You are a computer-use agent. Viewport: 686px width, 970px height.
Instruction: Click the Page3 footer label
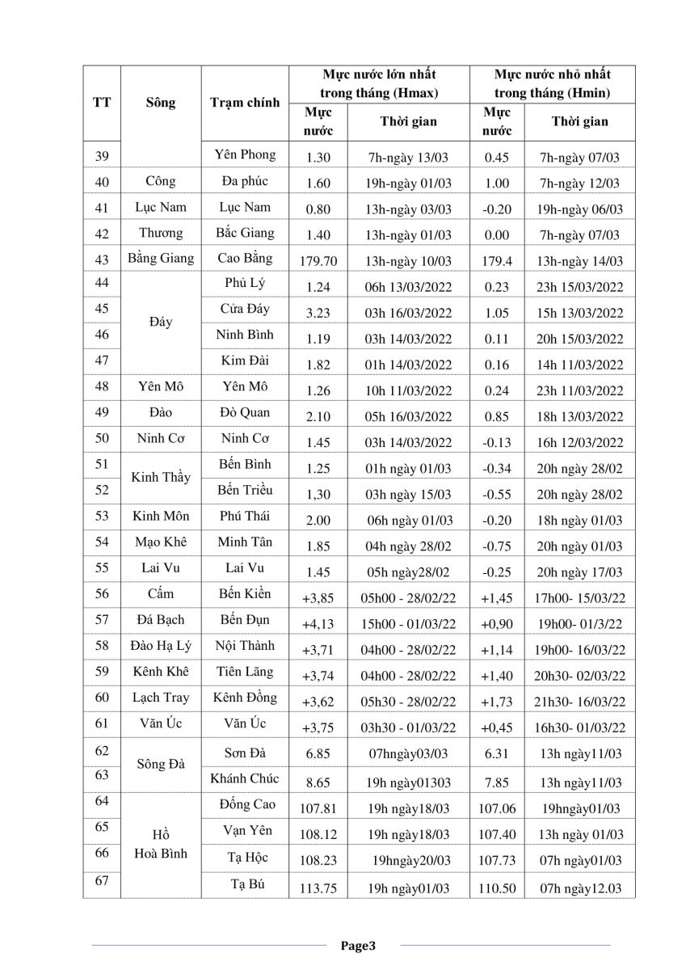tap(358, 945)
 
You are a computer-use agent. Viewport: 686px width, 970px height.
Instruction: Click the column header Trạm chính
tap(245, 103)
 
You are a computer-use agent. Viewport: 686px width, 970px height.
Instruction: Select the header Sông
tap(161, 103)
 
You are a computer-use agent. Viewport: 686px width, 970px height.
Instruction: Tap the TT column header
tap(102, 103)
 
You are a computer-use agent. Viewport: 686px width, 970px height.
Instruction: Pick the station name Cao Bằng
tap(245, 259)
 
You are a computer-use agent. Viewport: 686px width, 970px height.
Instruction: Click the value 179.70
tap(318, 261)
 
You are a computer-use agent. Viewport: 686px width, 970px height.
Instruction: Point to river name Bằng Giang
tap(161, 259)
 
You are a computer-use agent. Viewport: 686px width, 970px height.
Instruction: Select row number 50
tap(102, 439)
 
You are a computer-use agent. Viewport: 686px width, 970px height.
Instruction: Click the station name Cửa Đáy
tap(245, 309)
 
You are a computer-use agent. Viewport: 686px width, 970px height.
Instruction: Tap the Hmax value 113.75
tap(318, 888)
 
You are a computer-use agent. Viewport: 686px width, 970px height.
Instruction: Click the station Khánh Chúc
tap(245, 778)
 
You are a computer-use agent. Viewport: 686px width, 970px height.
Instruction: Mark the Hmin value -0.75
tap(496, 546)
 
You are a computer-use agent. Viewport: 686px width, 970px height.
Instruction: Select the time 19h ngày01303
tap(409, 782)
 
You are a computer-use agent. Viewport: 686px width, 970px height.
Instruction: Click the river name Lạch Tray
tap(161, 698)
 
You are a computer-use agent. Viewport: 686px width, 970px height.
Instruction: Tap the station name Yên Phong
tap(245, 154)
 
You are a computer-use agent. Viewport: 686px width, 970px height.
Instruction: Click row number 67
tap(102, 882)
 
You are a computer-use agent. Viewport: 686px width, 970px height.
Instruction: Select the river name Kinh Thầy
tap(161, 477)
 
